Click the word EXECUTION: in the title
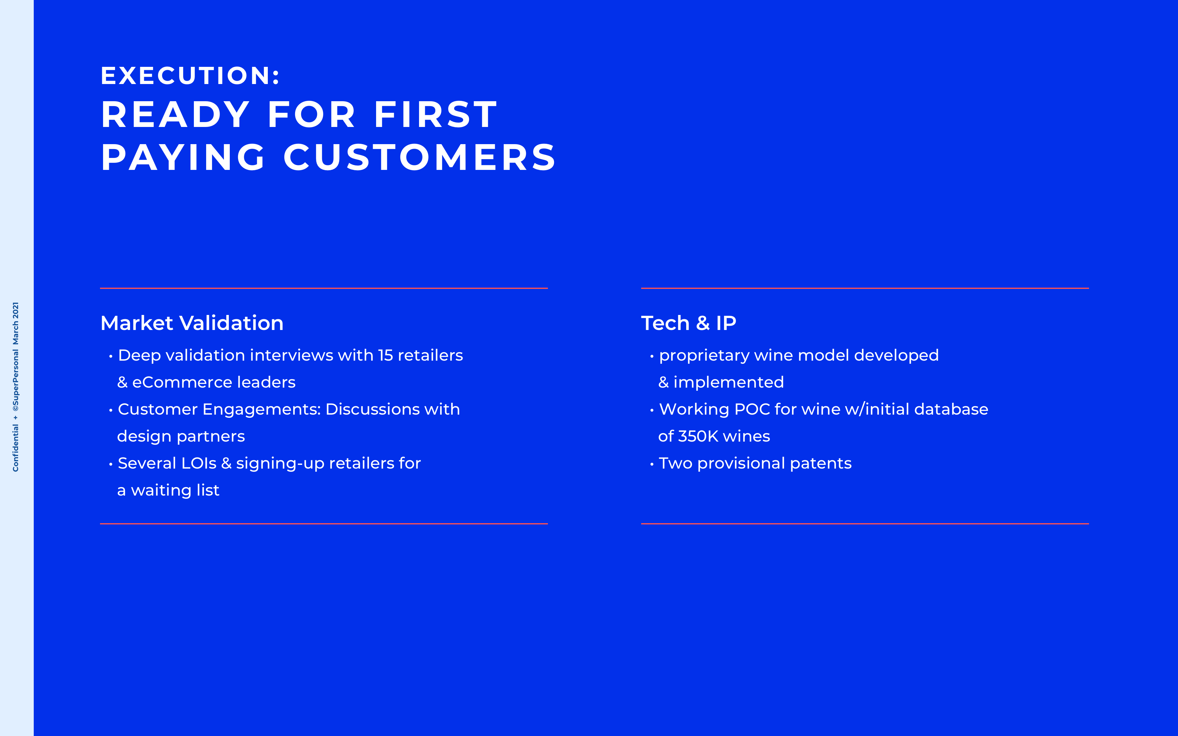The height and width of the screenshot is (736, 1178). (190, 76)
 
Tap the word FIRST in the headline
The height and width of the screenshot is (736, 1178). (436, 115)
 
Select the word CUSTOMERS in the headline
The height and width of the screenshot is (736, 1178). (420, 158)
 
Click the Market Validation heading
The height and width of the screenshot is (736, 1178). (192, 323)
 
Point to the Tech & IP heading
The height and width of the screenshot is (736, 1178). (688, 323)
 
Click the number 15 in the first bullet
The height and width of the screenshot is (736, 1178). (385, 355)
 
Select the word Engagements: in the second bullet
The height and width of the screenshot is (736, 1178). (261, 410)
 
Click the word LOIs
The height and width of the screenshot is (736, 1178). (198, 463)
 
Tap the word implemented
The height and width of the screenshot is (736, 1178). (729, 383)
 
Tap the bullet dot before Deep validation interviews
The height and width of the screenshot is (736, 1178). (111, 357)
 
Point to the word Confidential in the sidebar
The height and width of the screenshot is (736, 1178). (16, 448)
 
